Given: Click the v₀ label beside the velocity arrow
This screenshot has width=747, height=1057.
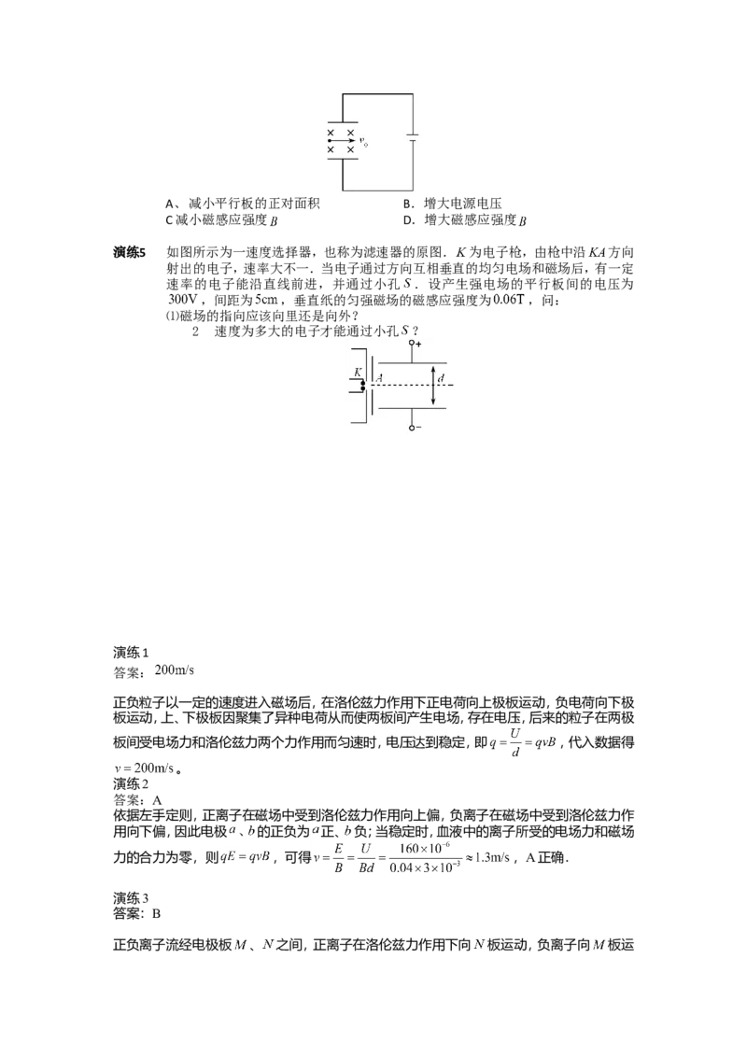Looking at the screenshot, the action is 364,142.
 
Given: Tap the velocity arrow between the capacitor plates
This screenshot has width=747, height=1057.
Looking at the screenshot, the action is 343,141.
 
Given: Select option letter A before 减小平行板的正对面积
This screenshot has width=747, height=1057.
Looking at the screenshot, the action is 170,204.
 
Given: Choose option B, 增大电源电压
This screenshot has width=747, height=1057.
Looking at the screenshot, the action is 452,204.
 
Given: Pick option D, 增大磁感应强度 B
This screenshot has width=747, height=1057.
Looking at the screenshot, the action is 464,219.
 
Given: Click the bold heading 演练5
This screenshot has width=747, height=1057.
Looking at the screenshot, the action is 130,253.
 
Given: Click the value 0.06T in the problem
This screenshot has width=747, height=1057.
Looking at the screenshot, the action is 508,300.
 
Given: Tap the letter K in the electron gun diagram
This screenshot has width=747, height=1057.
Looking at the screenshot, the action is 358,372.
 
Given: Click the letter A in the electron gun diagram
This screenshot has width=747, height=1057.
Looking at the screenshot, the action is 379,379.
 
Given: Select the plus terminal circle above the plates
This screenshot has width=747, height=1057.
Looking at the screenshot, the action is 411,343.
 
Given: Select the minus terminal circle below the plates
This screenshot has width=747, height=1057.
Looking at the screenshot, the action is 411,427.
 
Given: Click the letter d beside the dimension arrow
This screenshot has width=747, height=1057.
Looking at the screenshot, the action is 441,378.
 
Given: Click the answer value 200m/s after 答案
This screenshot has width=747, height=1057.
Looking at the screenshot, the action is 174,670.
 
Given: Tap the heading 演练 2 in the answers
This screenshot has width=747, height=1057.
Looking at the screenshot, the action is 131,783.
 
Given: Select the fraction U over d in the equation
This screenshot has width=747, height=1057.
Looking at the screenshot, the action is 515,742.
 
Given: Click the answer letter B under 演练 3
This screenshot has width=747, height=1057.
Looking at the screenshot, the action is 157,913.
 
